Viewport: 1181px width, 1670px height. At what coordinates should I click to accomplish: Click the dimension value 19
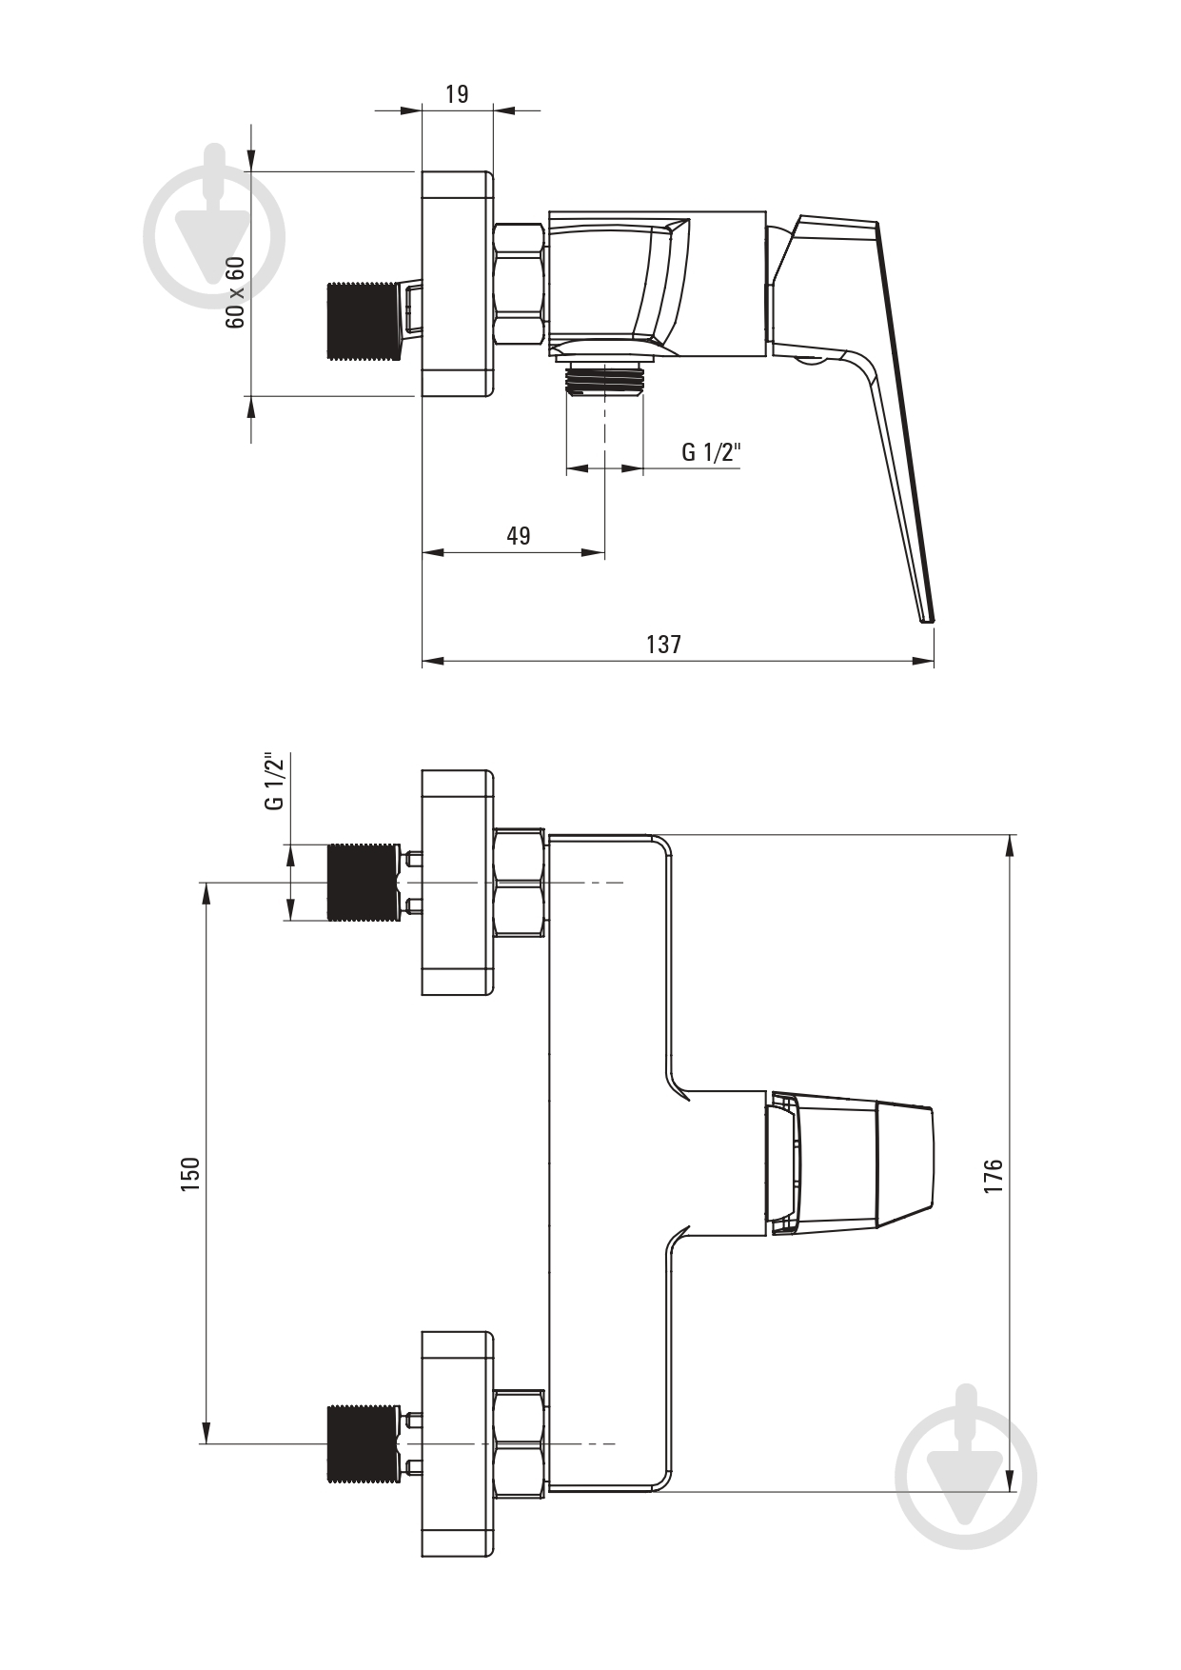[457, 93]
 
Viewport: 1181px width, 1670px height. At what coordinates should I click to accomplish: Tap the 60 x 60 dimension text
[235, 292]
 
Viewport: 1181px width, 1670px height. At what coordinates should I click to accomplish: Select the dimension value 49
[518, 535]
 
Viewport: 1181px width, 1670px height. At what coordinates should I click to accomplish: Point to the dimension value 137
[663, 644]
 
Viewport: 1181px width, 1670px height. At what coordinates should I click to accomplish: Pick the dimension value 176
[994, 1177]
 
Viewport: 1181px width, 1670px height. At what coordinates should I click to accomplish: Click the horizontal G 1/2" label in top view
[711, 451]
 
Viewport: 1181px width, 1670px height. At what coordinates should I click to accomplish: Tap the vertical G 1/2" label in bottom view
[274, 781]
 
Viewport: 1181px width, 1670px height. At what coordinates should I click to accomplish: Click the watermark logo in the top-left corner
[214, 229]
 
